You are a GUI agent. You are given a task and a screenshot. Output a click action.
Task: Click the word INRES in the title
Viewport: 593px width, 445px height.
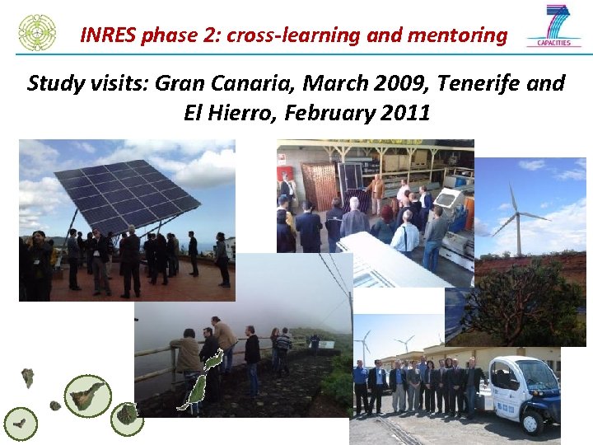pyautogui.click(x=109, y=35)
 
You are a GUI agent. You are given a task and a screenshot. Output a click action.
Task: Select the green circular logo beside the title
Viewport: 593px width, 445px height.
pyautogui.click(x=37, y=32)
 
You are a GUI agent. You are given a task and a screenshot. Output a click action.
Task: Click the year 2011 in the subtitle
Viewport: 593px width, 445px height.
pyautogui.click(x=407, y=113)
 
